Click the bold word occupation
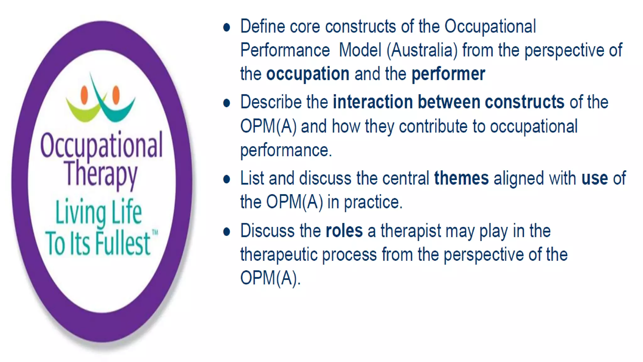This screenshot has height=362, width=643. coord(308,74)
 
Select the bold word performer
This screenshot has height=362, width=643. coord(448,74)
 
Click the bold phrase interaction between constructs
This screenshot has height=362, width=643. coord(448,102)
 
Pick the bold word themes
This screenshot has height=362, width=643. coord(461,178)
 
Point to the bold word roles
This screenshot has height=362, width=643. coord(344,231)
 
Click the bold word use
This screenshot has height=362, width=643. coord(594,178)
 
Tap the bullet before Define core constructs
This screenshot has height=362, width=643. coord(226,27)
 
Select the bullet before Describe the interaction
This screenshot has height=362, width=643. coord(226,103)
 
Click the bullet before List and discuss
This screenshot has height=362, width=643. coord(226,179)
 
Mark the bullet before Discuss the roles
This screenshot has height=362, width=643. coord(226,232)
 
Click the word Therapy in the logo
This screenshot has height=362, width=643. coord(101,173)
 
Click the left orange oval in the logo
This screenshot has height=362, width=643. coord(84,95)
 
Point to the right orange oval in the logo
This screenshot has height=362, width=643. coord(116,94)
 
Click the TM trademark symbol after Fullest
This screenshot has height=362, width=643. coord(155,233)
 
